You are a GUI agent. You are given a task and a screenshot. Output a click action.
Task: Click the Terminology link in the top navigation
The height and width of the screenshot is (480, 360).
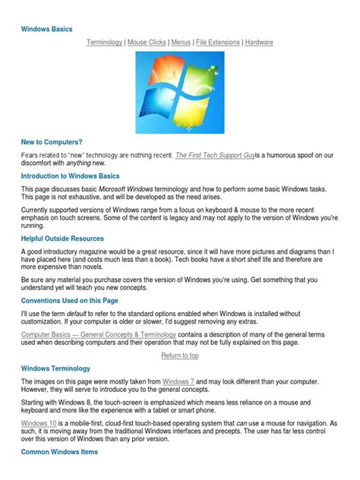(x=104, y=43)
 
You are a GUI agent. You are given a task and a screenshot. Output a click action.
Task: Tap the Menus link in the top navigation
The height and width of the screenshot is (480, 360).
(x=181, y=43)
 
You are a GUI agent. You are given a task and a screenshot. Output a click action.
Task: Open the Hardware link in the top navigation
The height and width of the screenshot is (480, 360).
(x=259, y=43)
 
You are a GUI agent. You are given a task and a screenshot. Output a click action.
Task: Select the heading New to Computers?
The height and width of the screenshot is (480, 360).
(x=52, y=142)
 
